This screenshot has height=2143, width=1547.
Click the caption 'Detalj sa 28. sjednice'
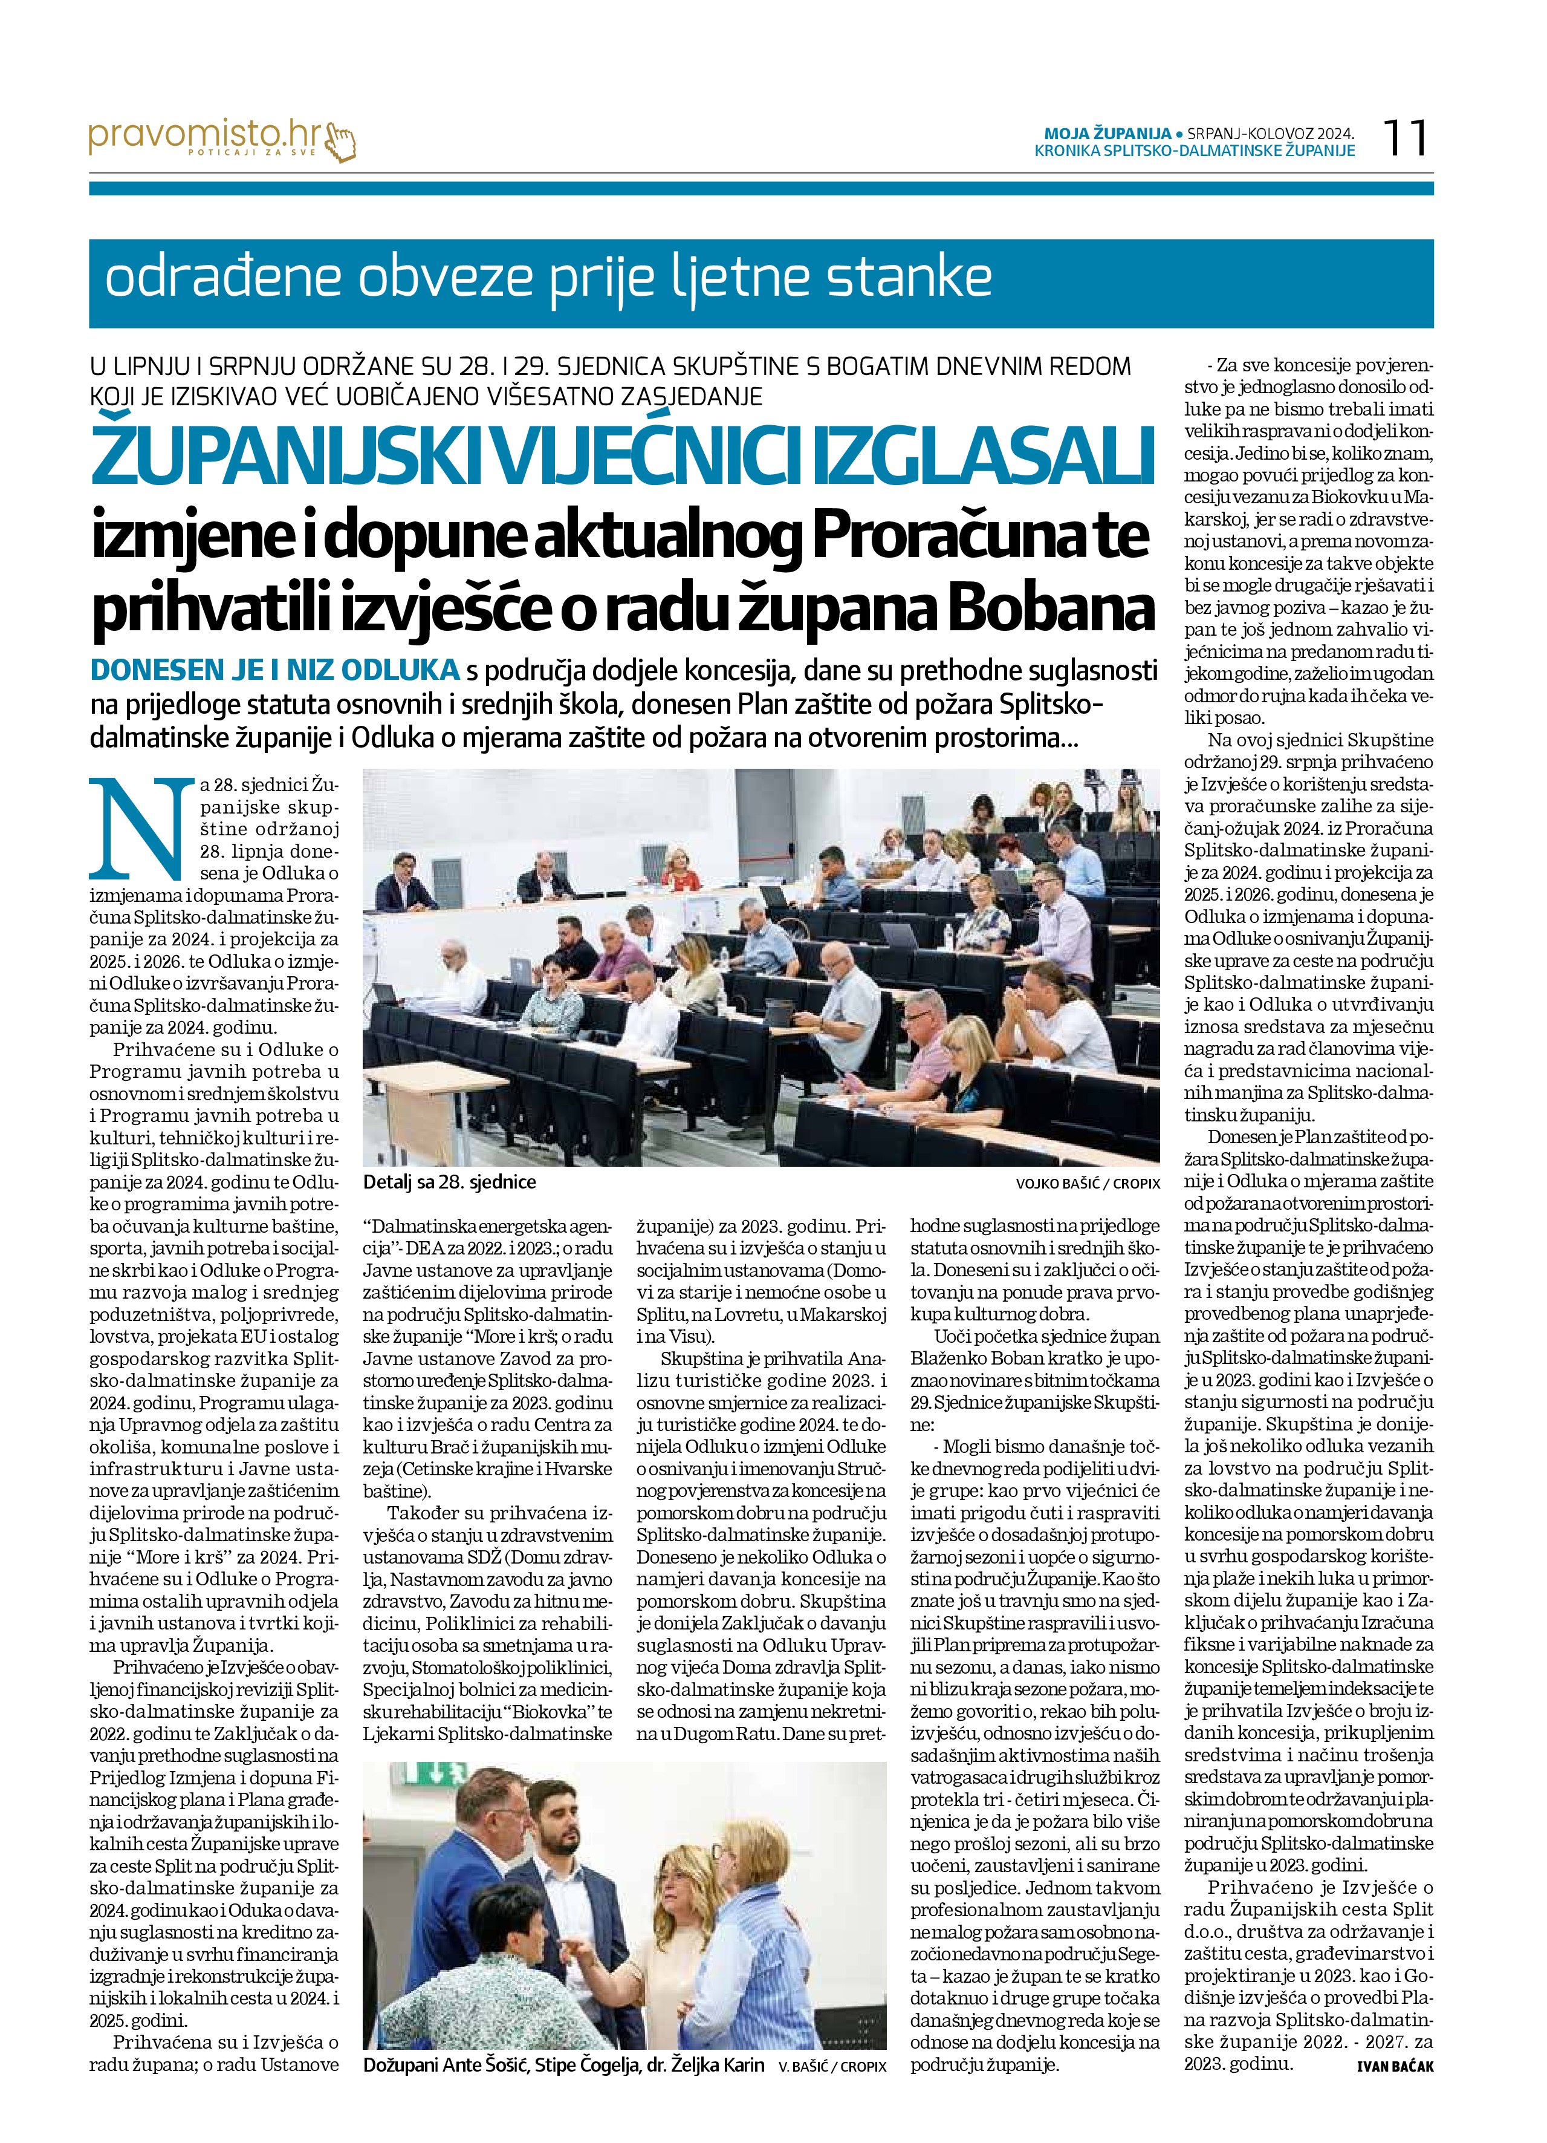pos(449,1182)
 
